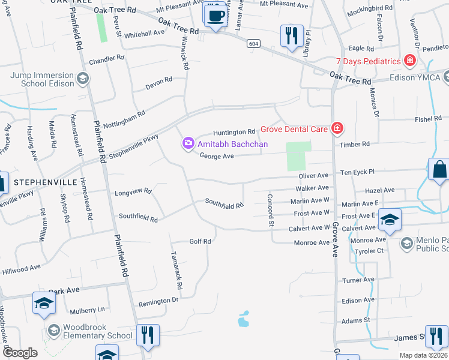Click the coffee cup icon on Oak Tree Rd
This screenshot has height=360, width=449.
pos(215,16)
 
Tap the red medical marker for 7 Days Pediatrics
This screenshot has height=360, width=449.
pos(410,61)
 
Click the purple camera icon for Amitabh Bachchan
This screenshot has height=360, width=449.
pos(188,143)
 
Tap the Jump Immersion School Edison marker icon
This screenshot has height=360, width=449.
pos(83,77)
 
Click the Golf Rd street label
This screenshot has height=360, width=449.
pos(200,241)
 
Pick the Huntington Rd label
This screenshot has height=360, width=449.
pos(235,132)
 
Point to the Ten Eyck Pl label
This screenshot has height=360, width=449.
pos(357,172)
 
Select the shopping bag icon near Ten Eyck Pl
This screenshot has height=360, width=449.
pos(439,170)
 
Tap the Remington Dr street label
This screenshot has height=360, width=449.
pos(158,300)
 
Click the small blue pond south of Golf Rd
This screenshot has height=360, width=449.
pos(243,319)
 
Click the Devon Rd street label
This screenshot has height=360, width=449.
pos(158,83)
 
